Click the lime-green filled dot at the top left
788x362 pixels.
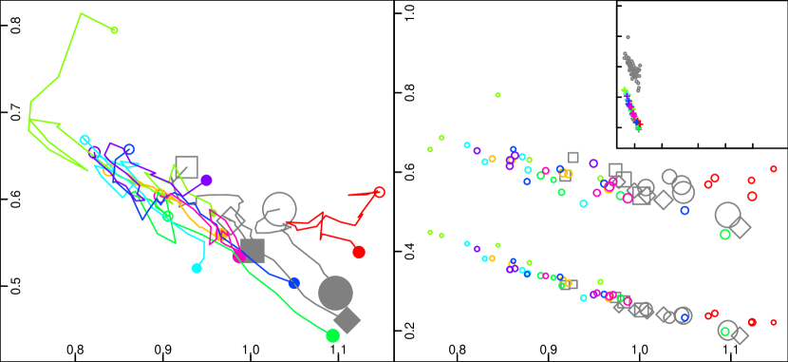(114, 30)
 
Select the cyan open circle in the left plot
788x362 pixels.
(84, 140)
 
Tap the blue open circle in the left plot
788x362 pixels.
(129, 149)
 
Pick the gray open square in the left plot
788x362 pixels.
(186, 166)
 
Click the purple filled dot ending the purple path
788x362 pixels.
(206, 180)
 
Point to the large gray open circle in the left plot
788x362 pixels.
(279, 209)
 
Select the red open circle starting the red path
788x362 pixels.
(379, 192)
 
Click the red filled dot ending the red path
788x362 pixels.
(359, 252)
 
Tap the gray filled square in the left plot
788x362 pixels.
(253, 250)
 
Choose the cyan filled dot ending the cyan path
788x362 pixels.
(197, 268)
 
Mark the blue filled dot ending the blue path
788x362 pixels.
(293, 283)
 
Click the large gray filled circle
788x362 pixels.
(335, 293)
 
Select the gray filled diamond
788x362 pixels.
(347, 320)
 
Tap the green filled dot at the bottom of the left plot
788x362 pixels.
(332, 335)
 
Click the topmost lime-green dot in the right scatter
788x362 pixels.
(497, 95)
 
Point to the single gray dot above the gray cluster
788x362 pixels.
(628, 37)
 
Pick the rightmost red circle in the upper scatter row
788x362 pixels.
(774, 169)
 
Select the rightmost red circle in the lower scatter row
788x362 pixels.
(774, 322)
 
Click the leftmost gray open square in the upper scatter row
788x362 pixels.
(572, 157)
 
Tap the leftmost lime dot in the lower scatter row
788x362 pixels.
(430, 232)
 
